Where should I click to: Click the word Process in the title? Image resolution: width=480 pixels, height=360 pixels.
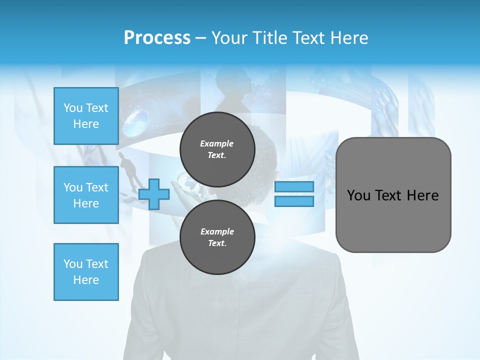157,38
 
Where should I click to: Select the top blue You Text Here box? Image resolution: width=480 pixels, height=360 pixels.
86,116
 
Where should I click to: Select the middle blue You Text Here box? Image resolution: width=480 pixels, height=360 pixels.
86,195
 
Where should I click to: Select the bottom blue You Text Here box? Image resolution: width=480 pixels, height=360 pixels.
86,272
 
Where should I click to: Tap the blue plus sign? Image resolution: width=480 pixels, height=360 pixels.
153,194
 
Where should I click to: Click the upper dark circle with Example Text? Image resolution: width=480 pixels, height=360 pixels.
217,149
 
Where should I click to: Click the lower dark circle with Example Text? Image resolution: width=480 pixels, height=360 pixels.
217,237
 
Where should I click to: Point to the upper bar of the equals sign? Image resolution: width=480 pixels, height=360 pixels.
294,186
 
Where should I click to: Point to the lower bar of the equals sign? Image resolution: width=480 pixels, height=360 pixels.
294,201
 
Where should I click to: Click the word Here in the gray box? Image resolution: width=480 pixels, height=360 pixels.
422,195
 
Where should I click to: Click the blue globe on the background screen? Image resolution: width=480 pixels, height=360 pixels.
136,121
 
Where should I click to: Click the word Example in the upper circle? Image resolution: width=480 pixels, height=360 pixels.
217,143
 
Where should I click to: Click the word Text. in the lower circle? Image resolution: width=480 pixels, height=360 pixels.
217,243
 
